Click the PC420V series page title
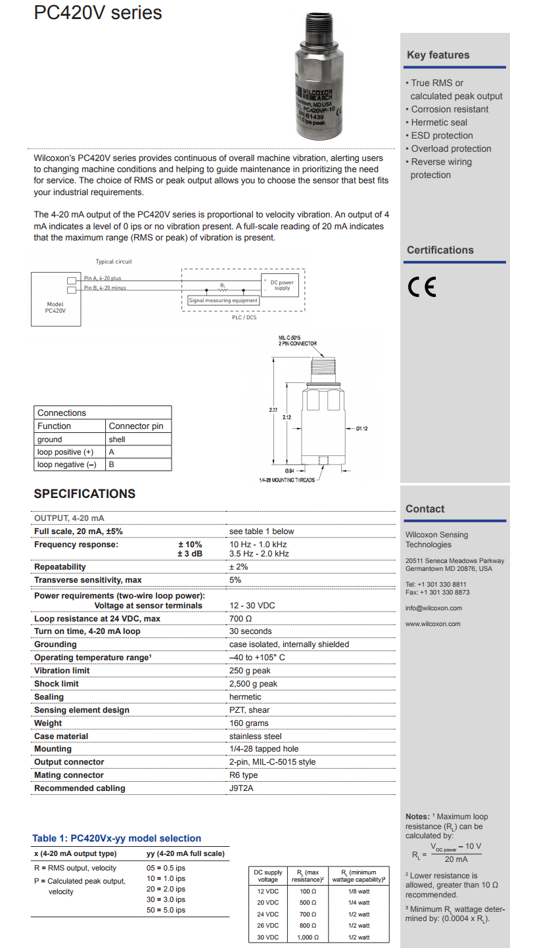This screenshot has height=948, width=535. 98,12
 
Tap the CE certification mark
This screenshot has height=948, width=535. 421,288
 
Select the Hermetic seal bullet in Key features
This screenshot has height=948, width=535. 438,122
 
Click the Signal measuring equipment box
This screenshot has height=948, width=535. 223,300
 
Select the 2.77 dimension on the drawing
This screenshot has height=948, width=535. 273,410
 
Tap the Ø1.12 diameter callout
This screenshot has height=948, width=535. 362,428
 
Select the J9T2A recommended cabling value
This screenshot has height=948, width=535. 241,788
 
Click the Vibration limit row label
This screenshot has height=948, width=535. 62,671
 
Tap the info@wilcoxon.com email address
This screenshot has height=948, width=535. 433,608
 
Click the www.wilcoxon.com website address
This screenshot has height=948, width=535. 432,623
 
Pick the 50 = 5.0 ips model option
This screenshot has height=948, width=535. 166,910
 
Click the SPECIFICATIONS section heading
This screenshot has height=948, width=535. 85,494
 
